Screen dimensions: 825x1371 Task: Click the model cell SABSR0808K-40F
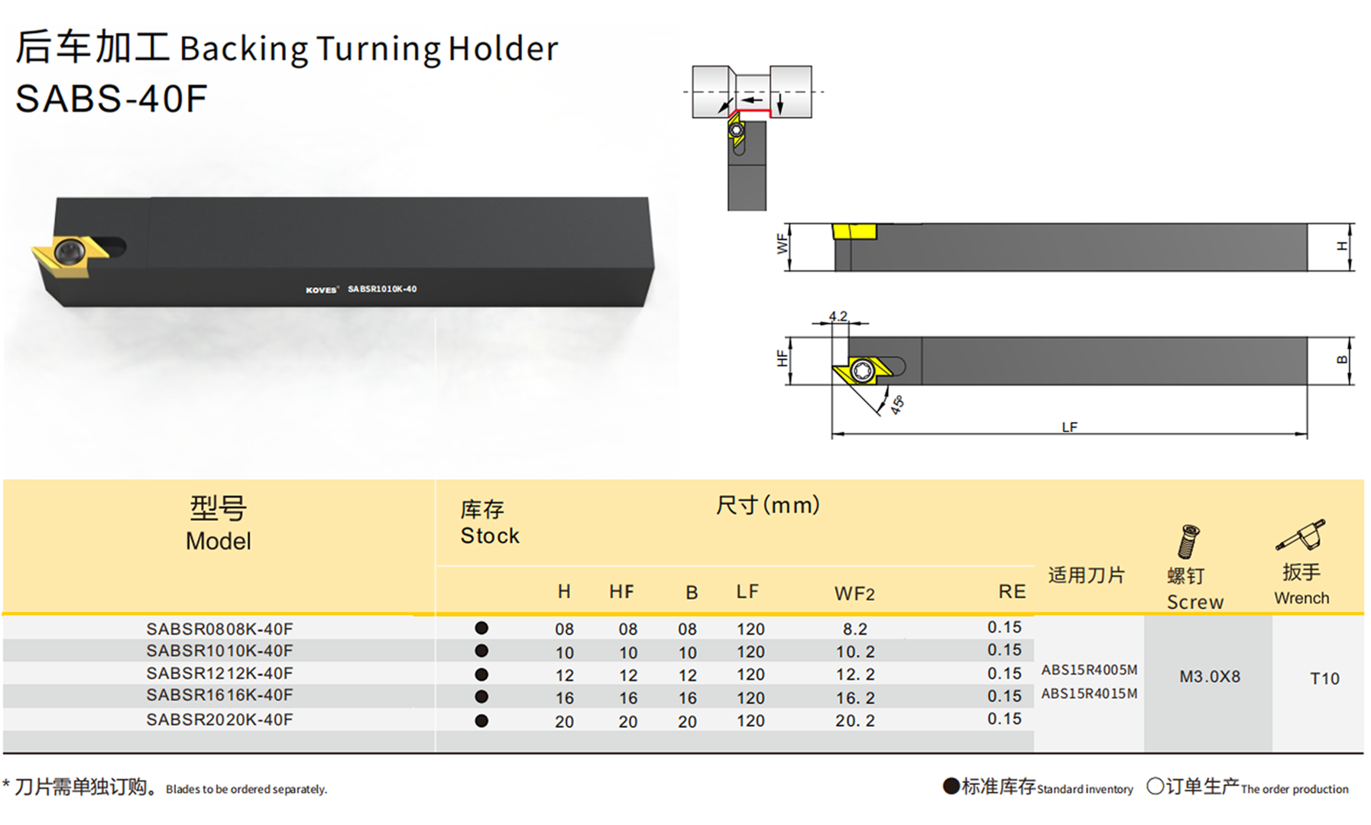tap(219, 629)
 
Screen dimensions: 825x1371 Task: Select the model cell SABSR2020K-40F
tap(219, 720)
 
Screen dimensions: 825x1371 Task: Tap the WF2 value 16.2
tap(855, 698)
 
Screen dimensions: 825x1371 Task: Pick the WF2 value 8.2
tap(855, 629)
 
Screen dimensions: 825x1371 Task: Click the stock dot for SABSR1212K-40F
tap(481, 675)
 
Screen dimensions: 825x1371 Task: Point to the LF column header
tap(747, 592)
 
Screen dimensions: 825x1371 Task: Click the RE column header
tap(1012, 592)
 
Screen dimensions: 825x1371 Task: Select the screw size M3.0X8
tap(1210, 677)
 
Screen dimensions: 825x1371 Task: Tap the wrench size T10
tap(1324, 678)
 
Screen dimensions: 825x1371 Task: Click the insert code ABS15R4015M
tap(1089, 694)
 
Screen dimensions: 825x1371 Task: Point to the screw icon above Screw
tap(1188, 542)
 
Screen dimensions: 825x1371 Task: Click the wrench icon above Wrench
tap(1301, 535)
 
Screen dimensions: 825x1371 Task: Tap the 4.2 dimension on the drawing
tap(838, 316)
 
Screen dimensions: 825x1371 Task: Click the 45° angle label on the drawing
tap(897, 404)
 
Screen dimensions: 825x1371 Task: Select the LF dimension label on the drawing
tap(1069, 427)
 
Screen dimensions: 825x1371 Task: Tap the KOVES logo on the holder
tap(321, 290)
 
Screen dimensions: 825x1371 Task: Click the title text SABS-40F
tap(112, 99)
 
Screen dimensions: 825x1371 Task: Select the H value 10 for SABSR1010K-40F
tap(564, 653)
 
